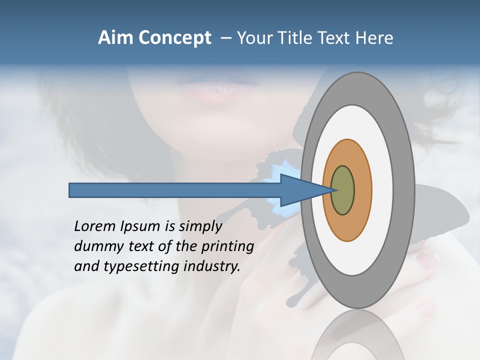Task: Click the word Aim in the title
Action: (x=114, y=38)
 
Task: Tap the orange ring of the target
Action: (x=361, y=190)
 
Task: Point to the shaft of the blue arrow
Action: (x=175, y=190)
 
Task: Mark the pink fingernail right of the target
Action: (x=427, y=259)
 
